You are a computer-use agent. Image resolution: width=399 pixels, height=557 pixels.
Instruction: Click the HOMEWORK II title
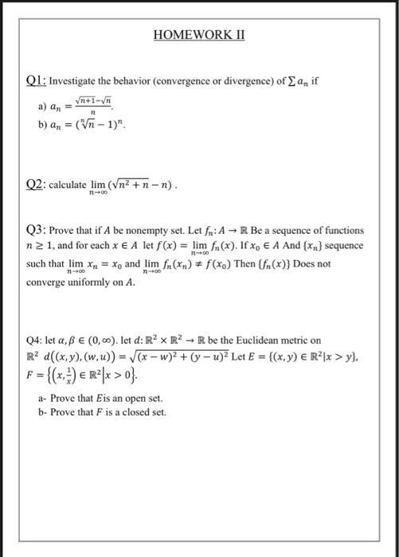click(199, 37)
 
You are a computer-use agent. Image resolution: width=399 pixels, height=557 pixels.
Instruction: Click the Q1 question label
click(37, 81)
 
